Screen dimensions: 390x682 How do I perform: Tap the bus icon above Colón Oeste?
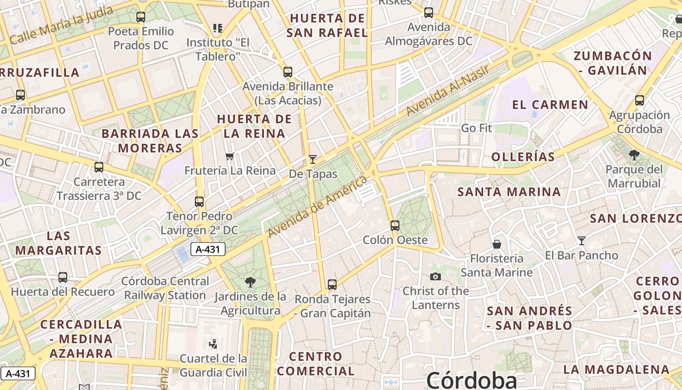395,226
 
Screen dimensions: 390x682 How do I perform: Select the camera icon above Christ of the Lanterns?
436,276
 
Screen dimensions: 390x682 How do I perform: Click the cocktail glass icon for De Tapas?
313,159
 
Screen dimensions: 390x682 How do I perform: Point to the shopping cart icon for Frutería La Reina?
230,156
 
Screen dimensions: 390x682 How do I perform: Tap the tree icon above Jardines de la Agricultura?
250,282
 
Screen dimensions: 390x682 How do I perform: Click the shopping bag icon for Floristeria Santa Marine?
497,244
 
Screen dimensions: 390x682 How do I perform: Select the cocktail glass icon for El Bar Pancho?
581,240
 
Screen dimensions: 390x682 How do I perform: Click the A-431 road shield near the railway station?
208,250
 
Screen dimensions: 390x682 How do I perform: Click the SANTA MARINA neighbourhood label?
509,192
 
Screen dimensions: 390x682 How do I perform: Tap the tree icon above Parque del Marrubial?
634,155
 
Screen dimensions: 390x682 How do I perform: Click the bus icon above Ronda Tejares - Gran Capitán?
332,284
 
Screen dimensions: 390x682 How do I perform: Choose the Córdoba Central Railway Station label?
165,288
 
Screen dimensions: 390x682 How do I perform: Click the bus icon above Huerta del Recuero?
63,277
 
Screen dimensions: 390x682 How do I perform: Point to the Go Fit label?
476,128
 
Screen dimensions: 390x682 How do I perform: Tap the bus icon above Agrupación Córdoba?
640,100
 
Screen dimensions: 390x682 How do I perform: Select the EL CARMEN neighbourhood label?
550,104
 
